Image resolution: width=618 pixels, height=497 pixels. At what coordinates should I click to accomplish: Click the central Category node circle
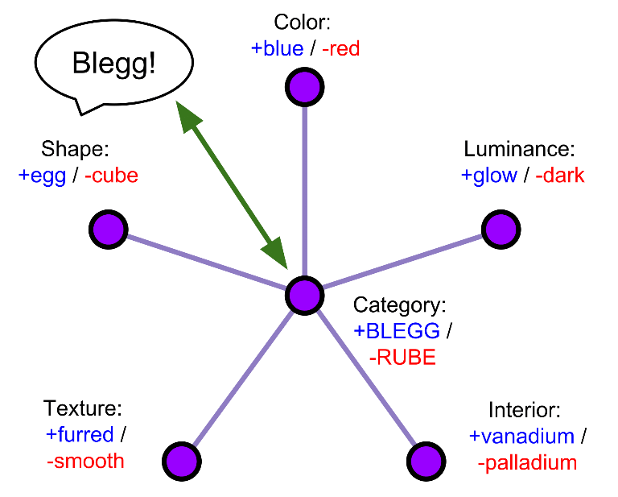click(x=305, y=296)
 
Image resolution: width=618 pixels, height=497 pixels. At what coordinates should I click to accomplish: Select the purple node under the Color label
click(x=305, y=86)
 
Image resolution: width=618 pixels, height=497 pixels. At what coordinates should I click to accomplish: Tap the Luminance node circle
click(x=501, y=230)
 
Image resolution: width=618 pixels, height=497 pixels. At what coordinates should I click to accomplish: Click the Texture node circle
click(x=181, y=462)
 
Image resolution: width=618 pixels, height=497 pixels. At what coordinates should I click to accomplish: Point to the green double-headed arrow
click(x=232, y=184)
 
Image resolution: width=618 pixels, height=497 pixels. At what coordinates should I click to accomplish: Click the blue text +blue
click(x=277, y=48)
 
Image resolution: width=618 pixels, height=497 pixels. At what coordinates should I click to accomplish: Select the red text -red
click(x=340, y=48)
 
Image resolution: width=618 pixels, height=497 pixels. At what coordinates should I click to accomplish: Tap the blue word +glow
click(x=488, y=176)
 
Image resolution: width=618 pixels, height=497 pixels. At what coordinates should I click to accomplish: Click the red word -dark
click(x=559, y=176)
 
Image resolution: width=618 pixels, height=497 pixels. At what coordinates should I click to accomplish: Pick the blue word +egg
click(x=41, y=176)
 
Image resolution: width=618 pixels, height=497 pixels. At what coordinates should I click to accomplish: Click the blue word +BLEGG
click(x=397, y=331)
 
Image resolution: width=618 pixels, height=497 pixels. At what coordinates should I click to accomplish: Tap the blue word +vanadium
click(x=521, y=437)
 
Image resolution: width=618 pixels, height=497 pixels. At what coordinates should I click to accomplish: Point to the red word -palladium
click(x=526, y=463)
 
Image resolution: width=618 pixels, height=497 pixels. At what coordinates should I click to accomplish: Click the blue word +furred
click(x=79, y=435)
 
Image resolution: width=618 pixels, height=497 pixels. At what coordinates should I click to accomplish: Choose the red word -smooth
click(x=84, y=461)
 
